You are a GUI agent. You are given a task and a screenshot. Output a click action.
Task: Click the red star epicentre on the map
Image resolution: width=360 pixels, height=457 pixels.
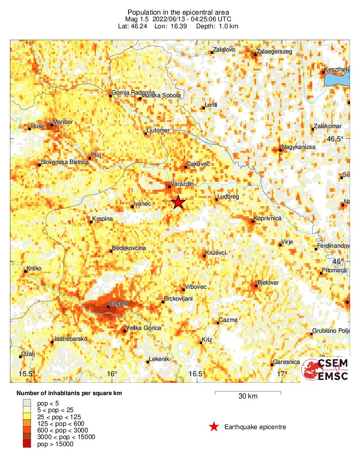[178, 202]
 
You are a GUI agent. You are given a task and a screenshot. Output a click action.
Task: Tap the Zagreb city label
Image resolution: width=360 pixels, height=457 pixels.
[118, 303]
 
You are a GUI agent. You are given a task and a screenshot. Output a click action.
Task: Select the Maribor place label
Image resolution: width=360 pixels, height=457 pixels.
[64, 122]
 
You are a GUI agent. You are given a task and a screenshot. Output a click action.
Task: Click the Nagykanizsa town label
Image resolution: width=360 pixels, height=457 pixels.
[298, 147]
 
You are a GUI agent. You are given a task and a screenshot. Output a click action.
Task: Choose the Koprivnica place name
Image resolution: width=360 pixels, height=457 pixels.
[268, 218]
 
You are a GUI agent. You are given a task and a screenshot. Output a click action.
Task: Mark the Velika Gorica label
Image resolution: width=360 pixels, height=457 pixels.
[144, 328]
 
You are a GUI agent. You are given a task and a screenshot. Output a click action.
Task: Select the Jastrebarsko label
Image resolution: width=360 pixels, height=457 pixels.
[71, 339]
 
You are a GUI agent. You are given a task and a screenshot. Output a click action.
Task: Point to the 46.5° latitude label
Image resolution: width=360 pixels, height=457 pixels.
[336, 139]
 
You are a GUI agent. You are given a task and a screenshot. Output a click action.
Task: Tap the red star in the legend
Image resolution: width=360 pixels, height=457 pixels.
[214, 427]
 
